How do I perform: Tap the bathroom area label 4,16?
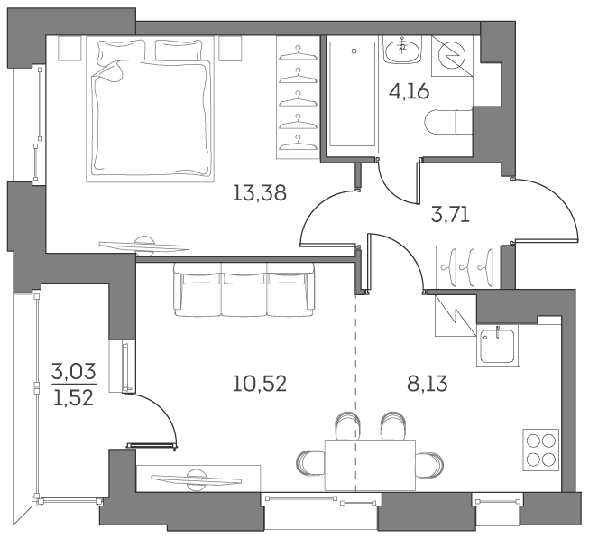pos(409,90)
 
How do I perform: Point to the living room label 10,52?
pos(259,383)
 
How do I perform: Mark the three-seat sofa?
pos(244,289)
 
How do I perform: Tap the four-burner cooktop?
pos(540,450)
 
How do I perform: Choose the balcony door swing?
pos(152,416)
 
